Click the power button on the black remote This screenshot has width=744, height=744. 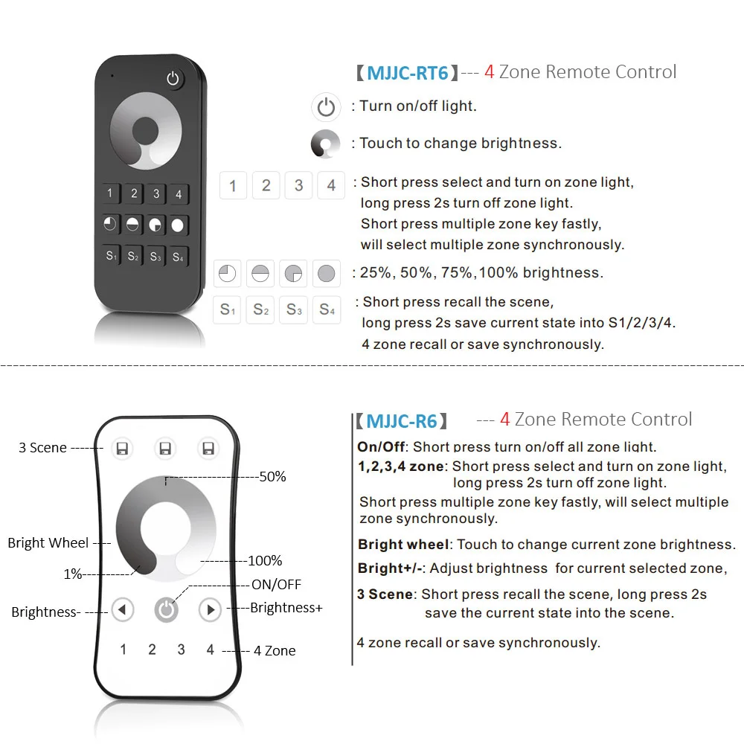pos(174,79)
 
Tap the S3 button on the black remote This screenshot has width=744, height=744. pos(155,257)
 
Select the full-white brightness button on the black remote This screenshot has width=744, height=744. pos(178,225)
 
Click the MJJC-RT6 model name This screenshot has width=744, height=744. pos(407,73)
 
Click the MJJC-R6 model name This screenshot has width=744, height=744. pos(402,421)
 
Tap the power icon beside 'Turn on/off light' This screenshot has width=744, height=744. pos(326,108)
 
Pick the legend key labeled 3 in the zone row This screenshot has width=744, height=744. pos(299,185)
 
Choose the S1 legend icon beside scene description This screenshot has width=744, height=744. pos(228,310)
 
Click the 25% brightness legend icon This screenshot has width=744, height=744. pos(228,274)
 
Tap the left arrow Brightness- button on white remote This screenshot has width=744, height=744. pos(123,611)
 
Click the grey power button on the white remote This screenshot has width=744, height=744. pos(167,611)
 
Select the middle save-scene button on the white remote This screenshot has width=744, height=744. pos(165,448)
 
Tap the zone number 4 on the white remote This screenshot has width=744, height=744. pos(211,650)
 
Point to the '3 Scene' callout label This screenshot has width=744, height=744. pos(42,448)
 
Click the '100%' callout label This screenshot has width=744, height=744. pos(265,560)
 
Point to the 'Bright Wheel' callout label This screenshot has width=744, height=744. pos(48,542)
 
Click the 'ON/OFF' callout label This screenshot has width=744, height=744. pos(277,585)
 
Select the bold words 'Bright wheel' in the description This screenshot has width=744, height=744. pos(403,545)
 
